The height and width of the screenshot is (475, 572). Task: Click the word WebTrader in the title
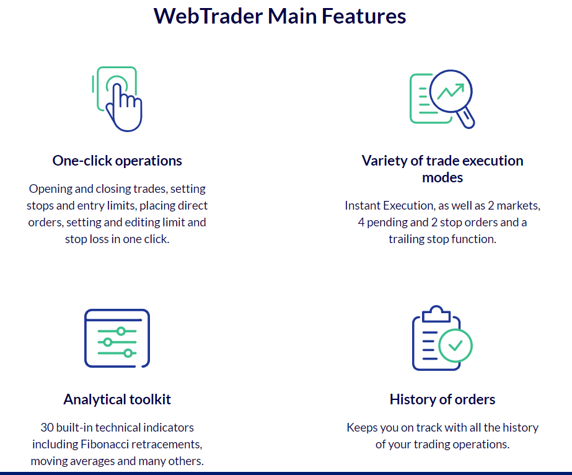click(208, 16)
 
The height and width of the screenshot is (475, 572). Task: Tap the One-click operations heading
click(117, 161)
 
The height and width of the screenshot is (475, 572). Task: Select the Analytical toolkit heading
click(117, 399)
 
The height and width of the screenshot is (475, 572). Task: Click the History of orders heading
click(442, 399)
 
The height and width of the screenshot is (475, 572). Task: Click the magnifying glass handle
click(466, 118)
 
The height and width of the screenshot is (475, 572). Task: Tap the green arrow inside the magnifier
click(451, 91)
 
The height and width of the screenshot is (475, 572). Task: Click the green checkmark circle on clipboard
click(455, 345)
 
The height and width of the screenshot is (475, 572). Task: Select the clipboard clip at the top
click(436, 314)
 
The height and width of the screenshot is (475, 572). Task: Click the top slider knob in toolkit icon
click(121, 331)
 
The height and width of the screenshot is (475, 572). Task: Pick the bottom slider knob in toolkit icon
click(128, 353)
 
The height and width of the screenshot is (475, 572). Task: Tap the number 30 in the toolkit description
click(47, 427)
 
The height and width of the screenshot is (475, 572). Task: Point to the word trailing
click(405, 239)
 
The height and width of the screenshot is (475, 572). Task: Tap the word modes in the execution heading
click(442, 177)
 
